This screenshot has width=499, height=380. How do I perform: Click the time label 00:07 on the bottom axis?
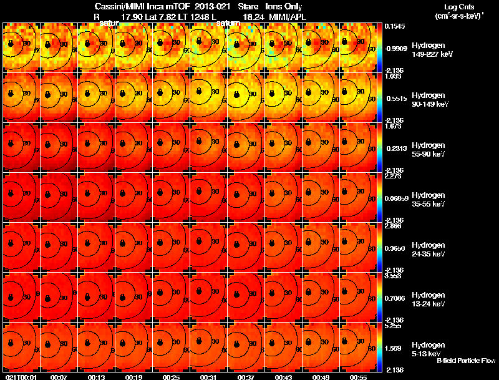[x=59, y=377]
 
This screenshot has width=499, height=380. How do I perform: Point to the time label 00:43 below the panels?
[x=284, y=377]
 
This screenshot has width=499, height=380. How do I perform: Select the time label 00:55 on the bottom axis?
[x=359, y=377]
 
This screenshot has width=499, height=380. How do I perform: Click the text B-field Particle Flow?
[x=466, y=361]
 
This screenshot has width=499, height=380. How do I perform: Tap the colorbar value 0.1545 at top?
[x=395, y=26]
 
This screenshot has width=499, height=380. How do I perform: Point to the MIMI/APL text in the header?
[x=289, y=17]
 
